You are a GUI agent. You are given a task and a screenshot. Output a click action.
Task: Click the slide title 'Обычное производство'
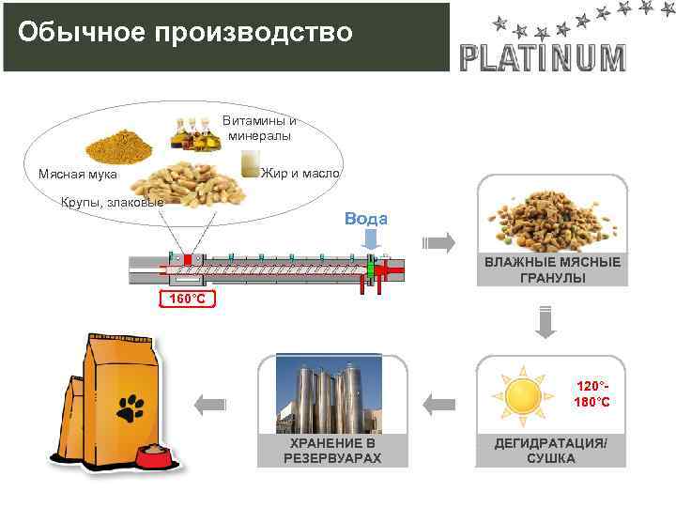point(186,32)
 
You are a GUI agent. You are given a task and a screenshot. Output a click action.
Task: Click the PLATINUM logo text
point(543,58)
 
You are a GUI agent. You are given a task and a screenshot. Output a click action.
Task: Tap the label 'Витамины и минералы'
point(259,129)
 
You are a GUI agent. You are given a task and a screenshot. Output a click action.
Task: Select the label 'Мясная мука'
point(78,174)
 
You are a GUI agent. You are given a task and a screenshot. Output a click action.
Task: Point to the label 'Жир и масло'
point(300,174)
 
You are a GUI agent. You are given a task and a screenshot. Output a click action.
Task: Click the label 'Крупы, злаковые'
point(112,202)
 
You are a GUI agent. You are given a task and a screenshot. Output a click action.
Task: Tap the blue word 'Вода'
point(366,219)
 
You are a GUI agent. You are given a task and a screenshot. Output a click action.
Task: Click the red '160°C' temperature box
point(186,300)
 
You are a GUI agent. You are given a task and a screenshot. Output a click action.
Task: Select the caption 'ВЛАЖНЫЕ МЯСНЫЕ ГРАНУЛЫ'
point(552,270)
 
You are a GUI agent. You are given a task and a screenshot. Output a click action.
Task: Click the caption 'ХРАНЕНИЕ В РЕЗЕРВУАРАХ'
point(332,451)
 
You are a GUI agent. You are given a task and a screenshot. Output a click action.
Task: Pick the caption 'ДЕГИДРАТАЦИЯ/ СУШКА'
point(551,451)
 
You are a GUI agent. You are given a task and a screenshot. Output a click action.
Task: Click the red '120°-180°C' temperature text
point(592,394)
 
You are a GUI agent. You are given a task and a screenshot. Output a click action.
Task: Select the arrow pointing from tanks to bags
point(211,405)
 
